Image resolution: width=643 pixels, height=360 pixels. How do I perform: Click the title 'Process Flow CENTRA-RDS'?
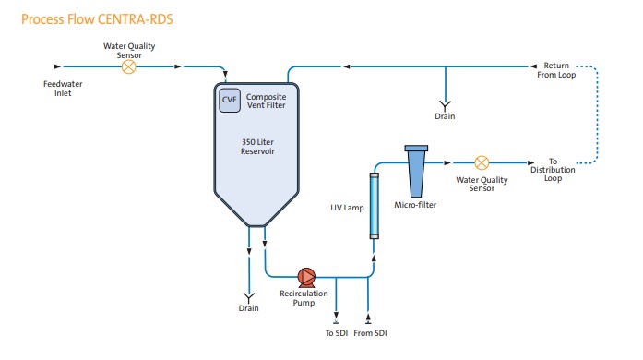[x=85, y=18]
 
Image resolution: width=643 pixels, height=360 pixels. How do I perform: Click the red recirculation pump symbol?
[x=306, y=275]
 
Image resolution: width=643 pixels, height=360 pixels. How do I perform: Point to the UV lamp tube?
[x=374, y=205]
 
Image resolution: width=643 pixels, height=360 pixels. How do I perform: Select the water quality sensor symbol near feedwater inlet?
[x=130, y=66]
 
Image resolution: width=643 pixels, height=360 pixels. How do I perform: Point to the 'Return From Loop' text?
[x=555, y=71]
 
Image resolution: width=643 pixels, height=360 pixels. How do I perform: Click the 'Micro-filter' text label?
[x=415, y=205]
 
